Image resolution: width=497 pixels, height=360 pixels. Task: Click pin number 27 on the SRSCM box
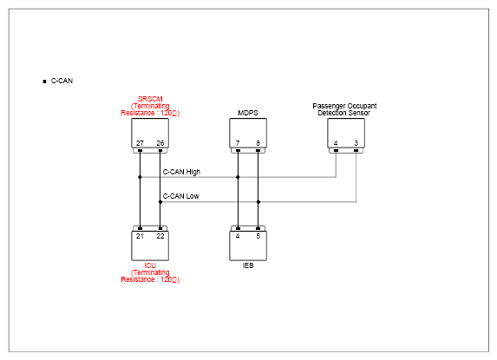pyautogui.click(x=140, y=143)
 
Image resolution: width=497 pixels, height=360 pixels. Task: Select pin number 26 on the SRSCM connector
pyautogui.click(x=160, y=143)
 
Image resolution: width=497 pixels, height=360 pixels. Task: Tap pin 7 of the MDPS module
pyautogui.click(x=238, y=143)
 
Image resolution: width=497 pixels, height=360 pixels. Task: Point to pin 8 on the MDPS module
pyautogui.click(x=258, y=143)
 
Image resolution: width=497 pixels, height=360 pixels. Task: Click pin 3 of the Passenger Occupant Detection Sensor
pyautogui.click(x=356, y=143)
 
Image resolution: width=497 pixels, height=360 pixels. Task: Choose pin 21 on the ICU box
pyautogui.click(x=140, y=236)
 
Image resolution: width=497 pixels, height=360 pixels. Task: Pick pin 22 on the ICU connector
pyautogui.click(x=160, y=236)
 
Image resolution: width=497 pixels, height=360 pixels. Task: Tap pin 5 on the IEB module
pyautogui.click(x=258, y=236)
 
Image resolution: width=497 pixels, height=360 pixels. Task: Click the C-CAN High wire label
pyautogui.click(x=181, y=172)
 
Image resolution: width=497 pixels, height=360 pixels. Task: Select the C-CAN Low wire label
pyautogui.click(x=180, y=196)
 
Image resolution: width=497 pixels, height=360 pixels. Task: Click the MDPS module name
pyautogui.click(x=248, y=113)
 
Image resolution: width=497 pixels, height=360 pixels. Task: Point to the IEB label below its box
pyautogui.click(x=248, y=265)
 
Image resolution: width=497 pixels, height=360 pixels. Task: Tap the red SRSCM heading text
pyautogui.click(x=150, y=99)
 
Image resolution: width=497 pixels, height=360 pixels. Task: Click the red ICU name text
pyautogui.click(x=150, y=265)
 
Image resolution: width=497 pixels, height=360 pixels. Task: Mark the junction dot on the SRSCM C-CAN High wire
pyautogui.click(x=140, y=177)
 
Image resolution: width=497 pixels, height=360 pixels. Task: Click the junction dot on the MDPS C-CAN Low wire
pyautogui.click(x=258, y=202)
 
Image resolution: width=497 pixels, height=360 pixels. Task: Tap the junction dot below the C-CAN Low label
pyautogui.click(x=160, y=202)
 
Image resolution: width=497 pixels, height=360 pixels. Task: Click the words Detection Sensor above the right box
pyautogui.click(x=343, y=113)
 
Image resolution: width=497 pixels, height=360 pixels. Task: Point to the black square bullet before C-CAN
pyautogui.click(x=44, y=82)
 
